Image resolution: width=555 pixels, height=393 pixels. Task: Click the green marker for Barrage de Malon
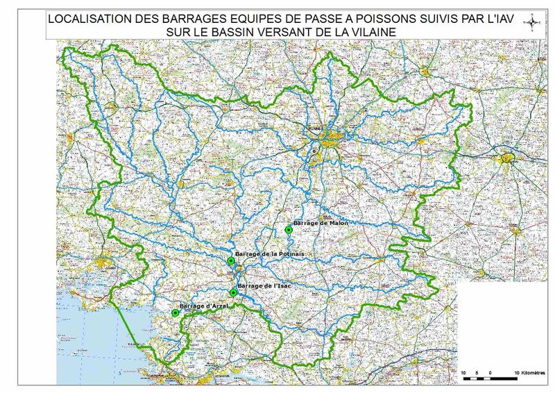click(288, 230)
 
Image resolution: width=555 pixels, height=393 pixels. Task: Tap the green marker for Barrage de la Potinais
click(231, 261)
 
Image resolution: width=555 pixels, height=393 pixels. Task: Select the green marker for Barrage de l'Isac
click(233, 293)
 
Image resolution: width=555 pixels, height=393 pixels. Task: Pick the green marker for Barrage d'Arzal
click(176, 313)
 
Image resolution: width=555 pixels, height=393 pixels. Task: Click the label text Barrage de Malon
click(321, 223)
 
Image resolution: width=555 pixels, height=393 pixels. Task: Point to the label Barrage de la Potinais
click(270, 255)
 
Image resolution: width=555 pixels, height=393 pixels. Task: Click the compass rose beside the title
click(533, 23)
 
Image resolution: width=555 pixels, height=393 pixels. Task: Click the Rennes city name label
click(316, 128)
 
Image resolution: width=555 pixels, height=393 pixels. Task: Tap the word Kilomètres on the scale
click(529, 374)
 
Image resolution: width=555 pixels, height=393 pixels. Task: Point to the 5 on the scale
click(477, 374)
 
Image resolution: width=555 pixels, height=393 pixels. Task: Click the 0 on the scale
click(490, 374)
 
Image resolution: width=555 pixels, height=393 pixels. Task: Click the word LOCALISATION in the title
click(90, 20)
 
